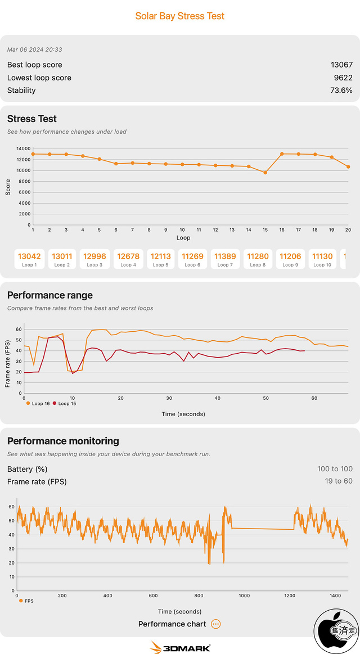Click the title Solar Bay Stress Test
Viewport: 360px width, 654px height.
point(180,16)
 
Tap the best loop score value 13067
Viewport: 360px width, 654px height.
point(341,65)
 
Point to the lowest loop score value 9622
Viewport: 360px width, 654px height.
point(343,78)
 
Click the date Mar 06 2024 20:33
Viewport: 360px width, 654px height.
point(34,50)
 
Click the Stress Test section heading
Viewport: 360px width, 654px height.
point(32,119)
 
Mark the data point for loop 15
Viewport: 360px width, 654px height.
point(265,173)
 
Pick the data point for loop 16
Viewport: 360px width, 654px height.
point(282,154)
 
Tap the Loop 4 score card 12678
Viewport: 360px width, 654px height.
point(128,259)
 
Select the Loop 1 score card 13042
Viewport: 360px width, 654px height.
point(30,259)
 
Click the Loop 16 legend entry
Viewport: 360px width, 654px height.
point(38,404)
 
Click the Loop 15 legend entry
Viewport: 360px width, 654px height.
point(65,404)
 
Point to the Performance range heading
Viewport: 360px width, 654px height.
point(50,295)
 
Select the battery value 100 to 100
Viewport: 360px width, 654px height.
point(335,469)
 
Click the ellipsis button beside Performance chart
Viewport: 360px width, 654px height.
point(216,624)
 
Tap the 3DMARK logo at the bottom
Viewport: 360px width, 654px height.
point(180,647)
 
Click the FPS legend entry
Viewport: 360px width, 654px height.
point(27,601)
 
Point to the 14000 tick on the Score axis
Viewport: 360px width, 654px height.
point(24,148)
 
